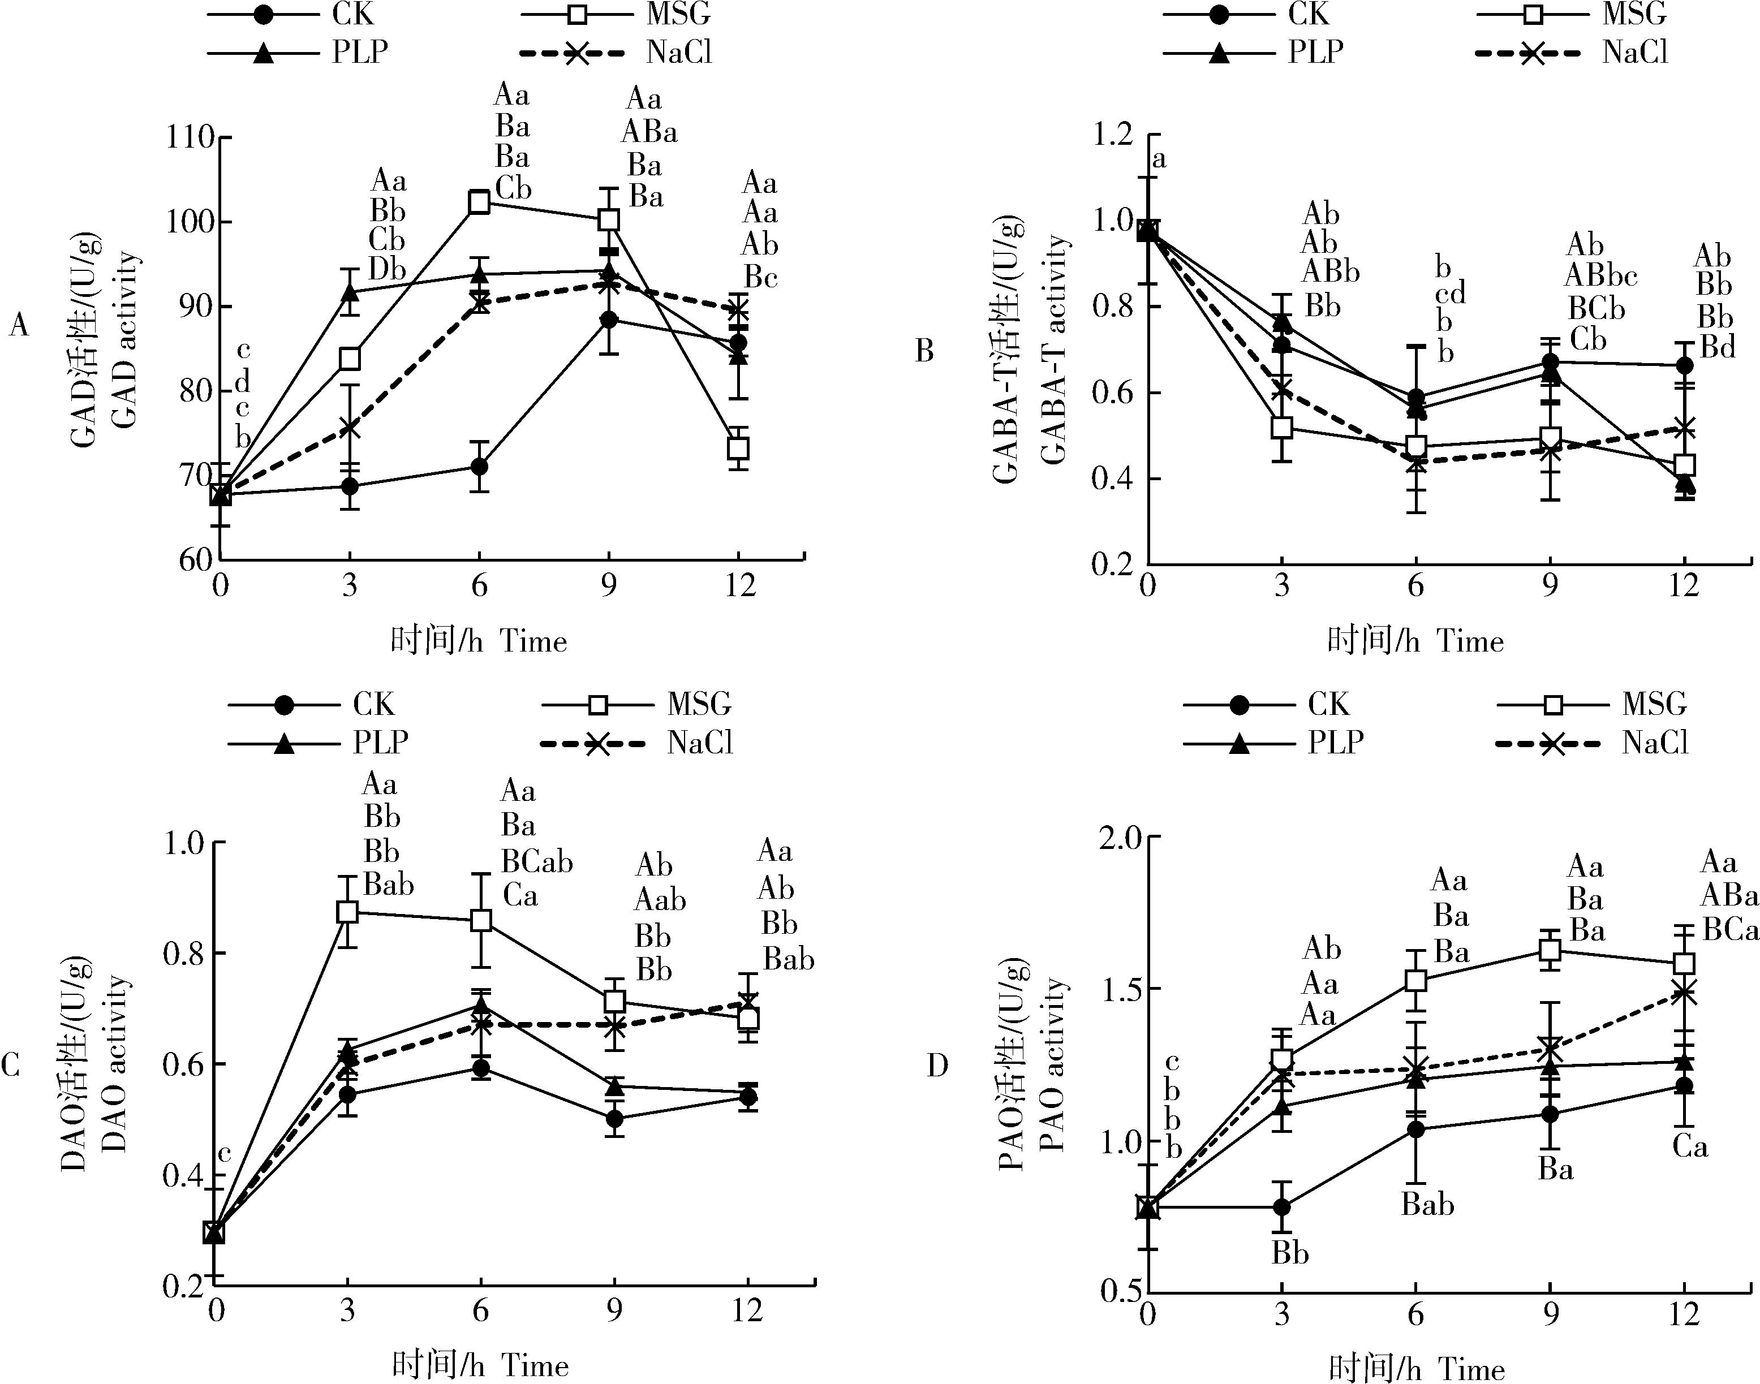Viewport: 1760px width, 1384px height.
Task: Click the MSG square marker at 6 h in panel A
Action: [480, 202]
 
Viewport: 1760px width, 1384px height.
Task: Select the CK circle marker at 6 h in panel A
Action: [480, 467]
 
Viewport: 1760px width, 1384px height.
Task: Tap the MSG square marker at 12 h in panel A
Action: [738, 447]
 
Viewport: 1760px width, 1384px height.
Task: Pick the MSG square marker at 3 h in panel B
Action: [1281, 427]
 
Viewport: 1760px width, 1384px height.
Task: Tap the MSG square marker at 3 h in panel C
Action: [347, 912]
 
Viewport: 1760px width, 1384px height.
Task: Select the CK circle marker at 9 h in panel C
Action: [615, 1119]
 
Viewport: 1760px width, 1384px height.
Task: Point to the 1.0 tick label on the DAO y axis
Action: [185, 843]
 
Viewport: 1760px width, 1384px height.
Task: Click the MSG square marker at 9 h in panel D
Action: [1550, 950]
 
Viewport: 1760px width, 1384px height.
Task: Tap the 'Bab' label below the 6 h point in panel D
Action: [1428, 1205]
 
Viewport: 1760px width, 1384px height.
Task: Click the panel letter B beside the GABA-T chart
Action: [924, 351]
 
